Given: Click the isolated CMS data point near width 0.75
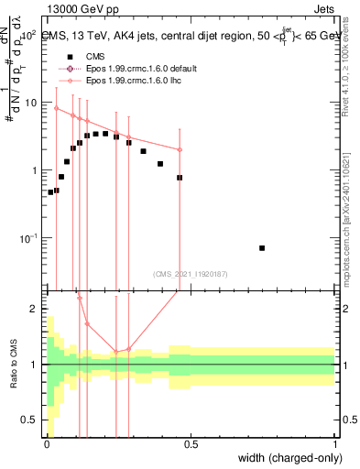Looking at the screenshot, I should [262, 248].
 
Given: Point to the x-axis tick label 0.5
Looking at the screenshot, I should [191, 444].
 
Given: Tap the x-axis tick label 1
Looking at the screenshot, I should [335, 444].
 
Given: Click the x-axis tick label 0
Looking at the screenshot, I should [46, 444].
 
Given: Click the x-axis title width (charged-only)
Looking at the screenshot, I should [289, 458].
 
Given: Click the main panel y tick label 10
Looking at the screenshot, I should [31, 103].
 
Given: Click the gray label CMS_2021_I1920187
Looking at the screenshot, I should [190, 272].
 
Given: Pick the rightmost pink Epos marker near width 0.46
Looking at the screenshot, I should [180, 149].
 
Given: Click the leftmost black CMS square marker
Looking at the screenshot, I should [50, 192].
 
